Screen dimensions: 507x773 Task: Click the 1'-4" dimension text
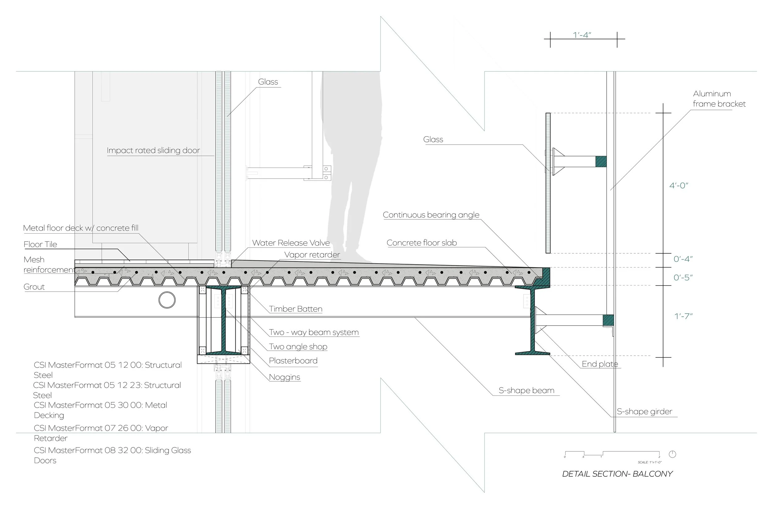582,35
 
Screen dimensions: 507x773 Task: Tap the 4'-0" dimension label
678,186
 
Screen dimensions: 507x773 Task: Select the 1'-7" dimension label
683,316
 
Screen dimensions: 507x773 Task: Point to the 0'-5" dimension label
683,277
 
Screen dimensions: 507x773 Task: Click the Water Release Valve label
291,243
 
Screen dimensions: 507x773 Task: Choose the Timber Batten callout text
296,309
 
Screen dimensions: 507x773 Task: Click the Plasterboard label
293,361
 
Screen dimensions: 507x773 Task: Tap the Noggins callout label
284,377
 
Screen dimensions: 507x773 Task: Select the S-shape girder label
644,412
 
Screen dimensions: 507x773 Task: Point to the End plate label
600,364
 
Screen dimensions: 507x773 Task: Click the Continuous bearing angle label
431,215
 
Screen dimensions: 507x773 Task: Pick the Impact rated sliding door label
153,150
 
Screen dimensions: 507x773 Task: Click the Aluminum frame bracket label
719,99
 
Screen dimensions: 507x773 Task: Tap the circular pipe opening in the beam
167,300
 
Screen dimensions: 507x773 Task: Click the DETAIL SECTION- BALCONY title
617,474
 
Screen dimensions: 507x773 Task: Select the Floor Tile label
40,244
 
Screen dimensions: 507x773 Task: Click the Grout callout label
34,287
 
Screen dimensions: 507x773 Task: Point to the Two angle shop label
298,347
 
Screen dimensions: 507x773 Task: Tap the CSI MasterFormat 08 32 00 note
112,455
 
